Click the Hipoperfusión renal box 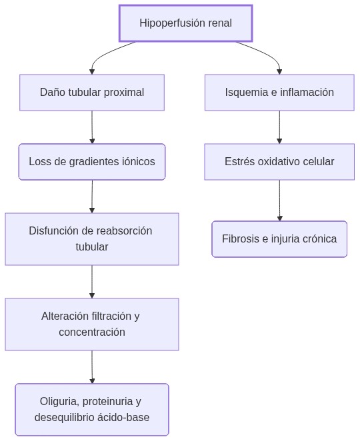point(185,23)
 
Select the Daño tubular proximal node point(92,93)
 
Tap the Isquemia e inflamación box point(279,93)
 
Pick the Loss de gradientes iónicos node point(92,162)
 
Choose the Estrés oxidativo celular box point(279,162)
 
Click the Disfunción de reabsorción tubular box point(92,239)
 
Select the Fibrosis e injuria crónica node point(279,239)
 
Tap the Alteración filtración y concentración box point(92,324)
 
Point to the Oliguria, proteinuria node point(92,410)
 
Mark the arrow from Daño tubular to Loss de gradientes point(92,127)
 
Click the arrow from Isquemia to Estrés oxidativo point(279,127)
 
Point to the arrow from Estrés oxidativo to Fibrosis point(279,200)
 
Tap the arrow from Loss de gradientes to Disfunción point(92,196)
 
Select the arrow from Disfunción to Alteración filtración point(92,281)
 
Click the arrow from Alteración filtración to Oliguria point(92,366)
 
